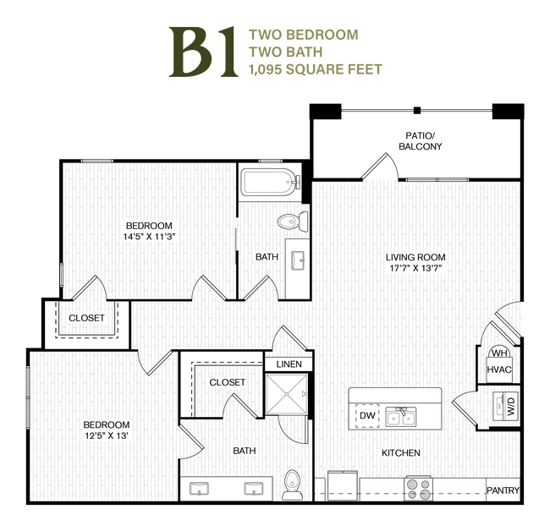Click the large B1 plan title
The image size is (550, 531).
(203, 52)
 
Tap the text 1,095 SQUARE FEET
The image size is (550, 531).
(316, 69)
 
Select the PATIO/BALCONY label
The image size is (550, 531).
(421, 141)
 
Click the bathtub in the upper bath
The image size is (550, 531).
(270, 182)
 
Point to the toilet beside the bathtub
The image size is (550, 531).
(293, 222)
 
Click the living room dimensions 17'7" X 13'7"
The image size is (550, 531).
(415, 268)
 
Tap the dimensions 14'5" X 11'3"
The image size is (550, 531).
(149, 237)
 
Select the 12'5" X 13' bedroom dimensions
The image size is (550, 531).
(107, 435)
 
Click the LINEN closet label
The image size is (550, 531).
(289, 364)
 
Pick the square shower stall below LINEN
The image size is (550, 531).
(287, 394)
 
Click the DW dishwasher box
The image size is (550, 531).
(367, 416)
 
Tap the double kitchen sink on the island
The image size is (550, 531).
(400, 417)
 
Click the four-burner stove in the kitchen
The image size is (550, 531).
(419, 489)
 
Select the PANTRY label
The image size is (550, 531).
(503, 490)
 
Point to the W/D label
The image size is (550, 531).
(511, 406)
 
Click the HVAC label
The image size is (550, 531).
(499, 370)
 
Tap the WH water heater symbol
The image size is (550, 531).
(499, 353)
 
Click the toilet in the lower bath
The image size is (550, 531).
(293, 485)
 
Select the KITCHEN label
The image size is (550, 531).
(401, 453)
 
